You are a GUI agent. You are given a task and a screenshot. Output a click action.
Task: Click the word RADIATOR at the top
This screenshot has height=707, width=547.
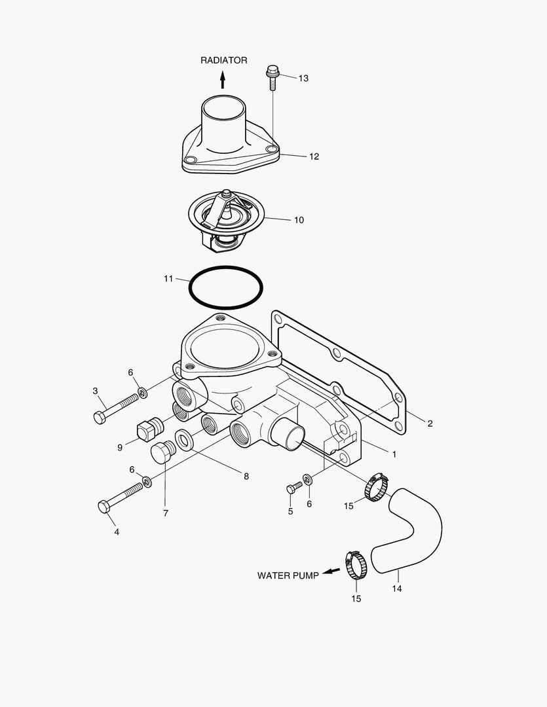[x=223, y=60]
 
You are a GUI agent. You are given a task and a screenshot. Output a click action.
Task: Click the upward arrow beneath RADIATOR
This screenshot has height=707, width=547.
[x=223, y=80]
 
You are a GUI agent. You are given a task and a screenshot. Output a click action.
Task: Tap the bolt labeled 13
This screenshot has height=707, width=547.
[x=273, y=78]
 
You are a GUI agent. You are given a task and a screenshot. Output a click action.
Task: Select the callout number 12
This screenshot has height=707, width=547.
[x=314, y=156]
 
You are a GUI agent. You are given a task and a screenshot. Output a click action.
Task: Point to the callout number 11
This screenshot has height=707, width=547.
[x=168, y=279]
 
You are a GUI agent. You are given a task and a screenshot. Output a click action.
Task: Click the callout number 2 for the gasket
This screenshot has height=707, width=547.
[x=430, y=424]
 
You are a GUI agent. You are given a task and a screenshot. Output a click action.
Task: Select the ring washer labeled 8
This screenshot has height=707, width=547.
[x=183, y=440]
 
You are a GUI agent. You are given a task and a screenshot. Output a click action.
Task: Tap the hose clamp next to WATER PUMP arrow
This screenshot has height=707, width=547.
[x=357, y=564]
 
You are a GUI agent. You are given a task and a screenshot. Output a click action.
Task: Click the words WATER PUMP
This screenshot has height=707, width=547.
[x=288, y=576]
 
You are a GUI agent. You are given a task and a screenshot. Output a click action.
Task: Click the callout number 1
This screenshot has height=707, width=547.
[x=394, y=453]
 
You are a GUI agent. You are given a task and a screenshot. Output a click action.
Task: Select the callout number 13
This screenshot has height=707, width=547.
[x=303, y=79]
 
